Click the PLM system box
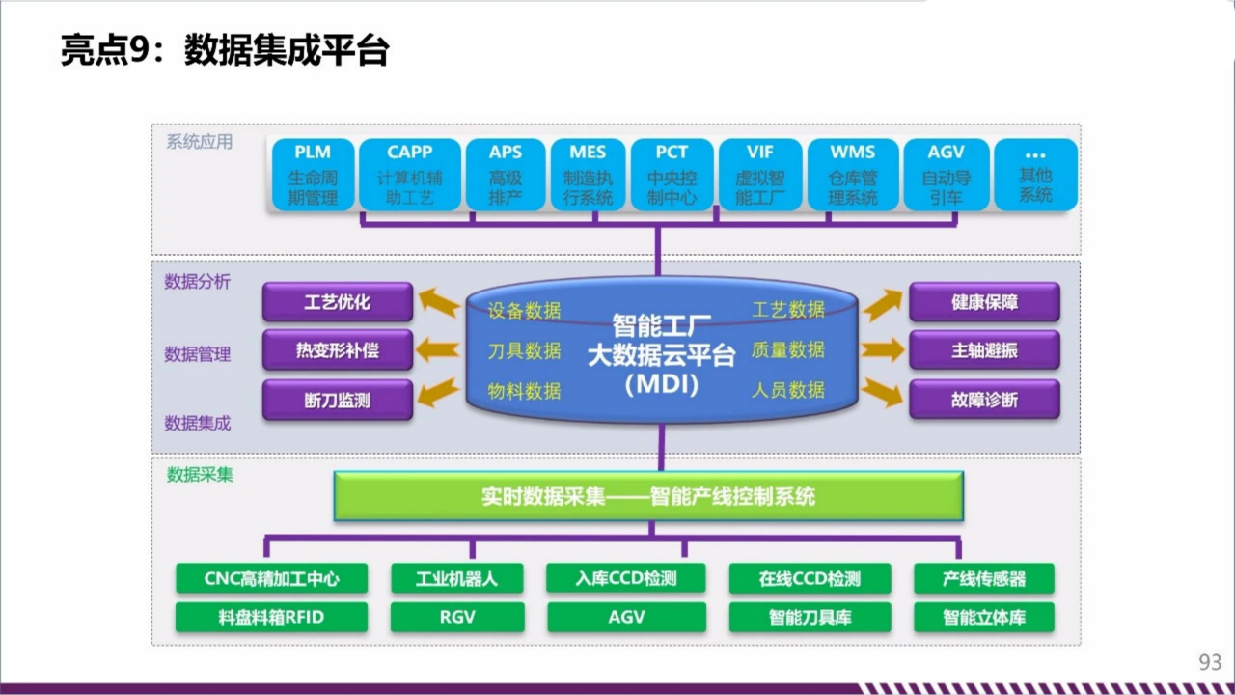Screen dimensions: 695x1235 pyautogui.click(x=313, y=175)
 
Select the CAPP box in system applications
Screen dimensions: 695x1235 pyautogui.click(x=409, y=175)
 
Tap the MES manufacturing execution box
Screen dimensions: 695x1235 pyautogui.click(x=588, y=175)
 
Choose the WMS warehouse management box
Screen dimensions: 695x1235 pyautogui.click(x=853, y=175)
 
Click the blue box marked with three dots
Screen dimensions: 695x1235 pyautogui.click(x=1035, y=175)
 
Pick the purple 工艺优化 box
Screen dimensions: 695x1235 pyautogui.click(x=337, y=302)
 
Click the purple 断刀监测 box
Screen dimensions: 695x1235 pyautogui.click(x=337, y=400)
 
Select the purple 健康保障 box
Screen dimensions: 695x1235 pyautogui.click(x=984, y=302)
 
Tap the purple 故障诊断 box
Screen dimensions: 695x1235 pyautogui.click(x=984, y=400)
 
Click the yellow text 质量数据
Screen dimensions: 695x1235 pyautogui.click(x=788, y=349)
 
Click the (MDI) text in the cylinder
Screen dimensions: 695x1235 pyautogui.click(x=661, y=385)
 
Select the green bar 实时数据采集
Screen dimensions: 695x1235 pyautogui.click(x=648, y=496)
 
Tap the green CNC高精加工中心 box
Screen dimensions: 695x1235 pyautogui.click(x=272, y=579)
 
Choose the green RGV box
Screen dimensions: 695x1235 pyautogui.click(x=457, y=617)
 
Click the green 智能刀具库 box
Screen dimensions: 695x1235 pyautogui.click(x=810, y=617)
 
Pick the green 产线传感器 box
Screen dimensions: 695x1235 pyautogui.click(x=984, y=579)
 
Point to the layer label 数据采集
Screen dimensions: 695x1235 pyautogui.click(x=200, y=475)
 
